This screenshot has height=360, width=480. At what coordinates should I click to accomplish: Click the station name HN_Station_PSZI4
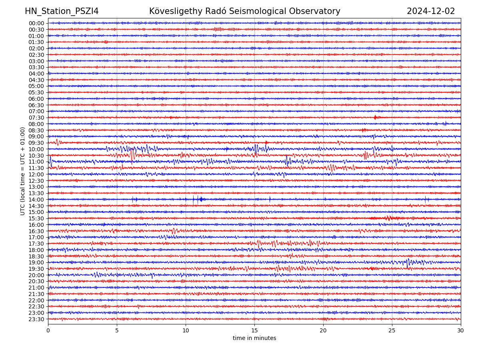(x=62, y=11)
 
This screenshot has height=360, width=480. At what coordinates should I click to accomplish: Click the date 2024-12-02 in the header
(x=431, y=11)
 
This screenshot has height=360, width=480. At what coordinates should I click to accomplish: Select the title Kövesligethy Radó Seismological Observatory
(x=244, y=11)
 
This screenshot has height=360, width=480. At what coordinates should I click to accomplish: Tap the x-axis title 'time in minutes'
(x=254, y=338)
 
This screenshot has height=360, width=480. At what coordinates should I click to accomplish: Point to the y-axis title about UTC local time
(x=23, y=171)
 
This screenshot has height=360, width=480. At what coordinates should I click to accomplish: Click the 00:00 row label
(x=36, y=23)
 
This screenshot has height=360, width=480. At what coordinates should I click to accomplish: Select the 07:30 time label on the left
(x=36, y=118)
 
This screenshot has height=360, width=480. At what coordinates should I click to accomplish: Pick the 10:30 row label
(x=36, y=156)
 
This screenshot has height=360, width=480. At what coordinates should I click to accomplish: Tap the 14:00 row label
(x=36, y=200)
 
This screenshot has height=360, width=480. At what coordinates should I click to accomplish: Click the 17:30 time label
(x=36, y=244)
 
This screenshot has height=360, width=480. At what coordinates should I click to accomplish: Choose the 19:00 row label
(x=36, y=262)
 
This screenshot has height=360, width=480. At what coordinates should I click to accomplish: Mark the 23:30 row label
(x=36, y=319)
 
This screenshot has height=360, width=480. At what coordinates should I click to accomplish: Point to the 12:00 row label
(x=36, y=174)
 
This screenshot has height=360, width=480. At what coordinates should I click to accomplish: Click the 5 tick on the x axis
(x=117, y=330)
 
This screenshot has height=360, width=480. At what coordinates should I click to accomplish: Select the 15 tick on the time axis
(x=254, y=330)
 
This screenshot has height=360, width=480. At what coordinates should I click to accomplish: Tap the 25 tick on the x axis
(x=392, y=330)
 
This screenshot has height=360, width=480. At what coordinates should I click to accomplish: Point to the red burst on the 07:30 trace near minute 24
(x=375, y=117)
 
